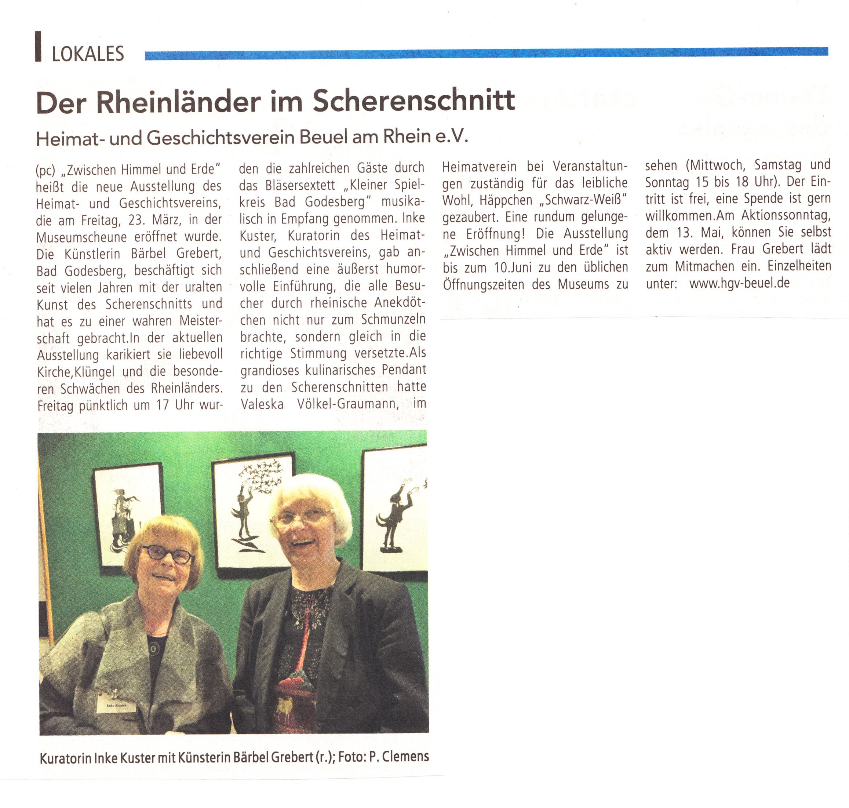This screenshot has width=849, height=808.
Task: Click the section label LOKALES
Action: click(88, 54)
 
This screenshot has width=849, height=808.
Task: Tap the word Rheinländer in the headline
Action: click(178, 102)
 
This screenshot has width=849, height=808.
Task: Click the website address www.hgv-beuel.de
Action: click(739, 283)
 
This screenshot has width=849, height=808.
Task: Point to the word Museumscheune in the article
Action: click(81, 237)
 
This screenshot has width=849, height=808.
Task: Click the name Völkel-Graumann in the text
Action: click(347, 404)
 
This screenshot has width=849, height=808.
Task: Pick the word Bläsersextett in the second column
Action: click(300, 185)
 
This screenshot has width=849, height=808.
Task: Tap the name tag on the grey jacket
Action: click(116, 706)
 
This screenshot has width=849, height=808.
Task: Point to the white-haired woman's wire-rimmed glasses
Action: click(302, 517)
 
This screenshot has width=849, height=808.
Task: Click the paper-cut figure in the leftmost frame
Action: click(124, 521)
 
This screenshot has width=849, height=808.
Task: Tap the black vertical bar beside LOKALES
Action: click(38, 47)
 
